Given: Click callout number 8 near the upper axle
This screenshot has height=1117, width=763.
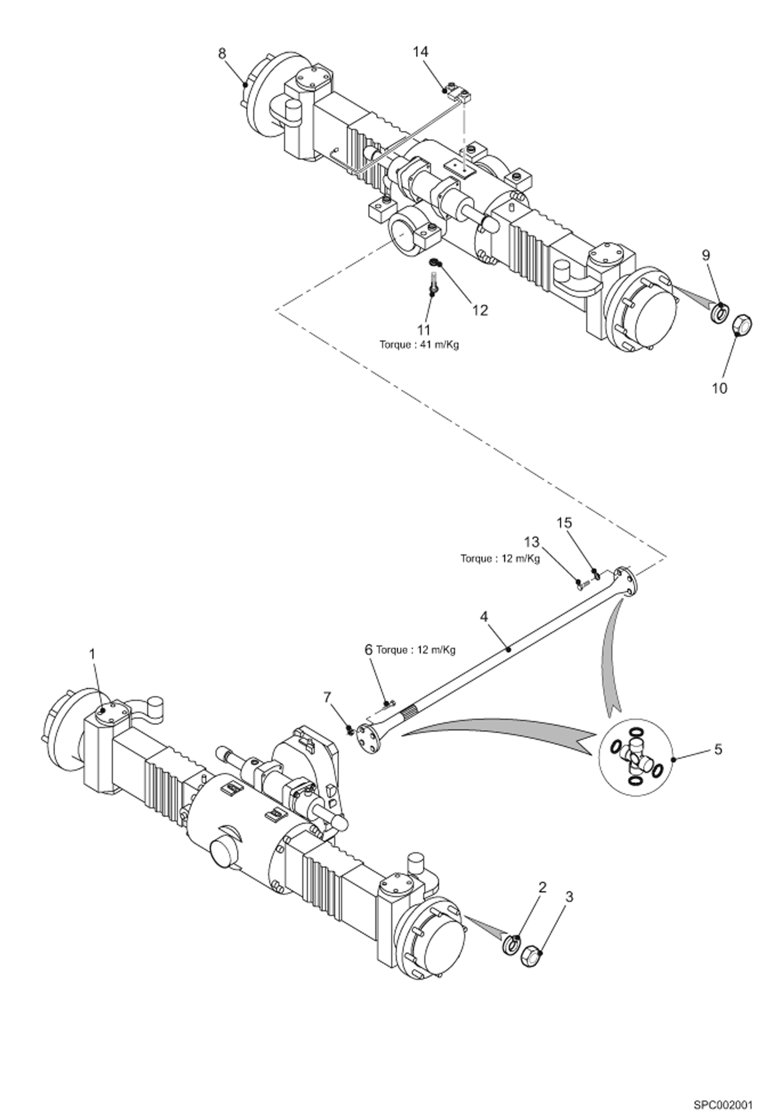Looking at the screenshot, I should pyautogui.click(x=222, y=54).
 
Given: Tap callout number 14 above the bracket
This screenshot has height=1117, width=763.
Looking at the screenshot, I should pyautogui.click(x=420, y=52).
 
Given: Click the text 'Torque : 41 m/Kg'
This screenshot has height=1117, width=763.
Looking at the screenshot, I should pyautogui.click(x=419, y=345).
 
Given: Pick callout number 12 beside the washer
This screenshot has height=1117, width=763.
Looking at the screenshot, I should pyautogui.click(x=480, y=310).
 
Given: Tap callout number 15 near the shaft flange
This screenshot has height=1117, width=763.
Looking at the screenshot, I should pyautogui.click(x=564, y=523).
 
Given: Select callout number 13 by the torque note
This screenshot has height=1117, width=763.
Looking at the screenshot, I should pyautogui.click(x=532, y=542).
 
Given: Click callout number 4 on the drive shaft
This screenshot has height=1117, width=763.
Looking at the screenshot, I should pyautogui.click(x=483, y=617).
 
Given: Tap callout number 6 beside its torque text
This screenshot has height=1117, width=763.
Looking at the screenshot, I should pyautogui.click(x=368, y=650).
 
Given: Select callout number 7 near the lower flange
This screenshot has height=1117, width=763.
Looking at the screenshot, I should pyautogui.click(x=328, y=697).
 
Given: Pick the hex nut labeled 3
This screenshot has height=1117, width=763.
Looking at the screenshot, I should pyautogui.click(x=531, y=956).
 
